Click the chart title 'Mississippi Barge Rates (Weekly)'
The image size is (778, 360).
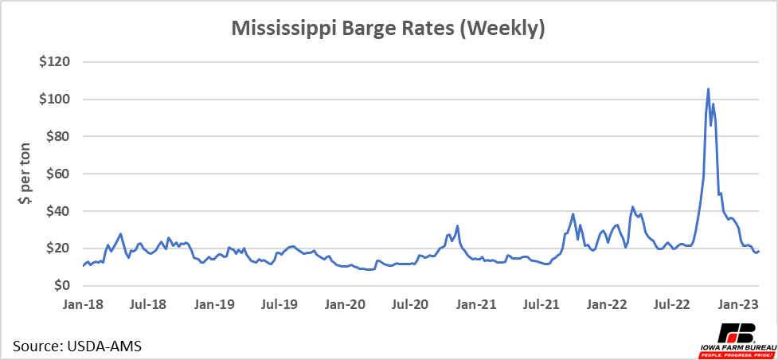pos(388,29)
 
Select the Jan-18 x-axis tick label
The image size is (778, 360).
pos(82,303)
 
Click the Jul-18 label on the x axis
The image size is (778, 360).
pos(147,303)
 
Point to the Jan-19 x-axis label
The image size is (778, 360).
pos(214,303)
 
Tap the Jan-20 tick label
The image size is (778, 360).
pos(346,303)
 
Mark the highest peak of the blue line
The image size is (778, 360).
pos(708,89)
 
